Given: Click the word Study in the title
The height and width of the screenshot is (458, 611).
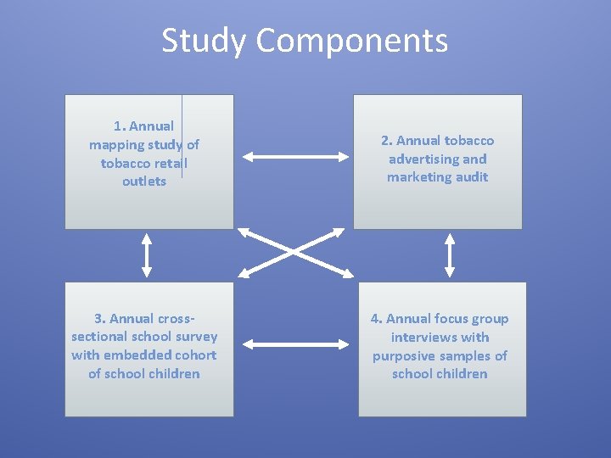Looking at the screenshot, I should coord(204,40).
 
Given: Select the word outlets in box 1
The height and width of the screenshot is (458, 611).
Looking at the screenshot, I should coord(144,182).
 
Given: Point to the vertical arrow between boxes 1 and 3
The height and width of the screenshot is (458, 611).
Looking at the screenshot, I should coord(147,254).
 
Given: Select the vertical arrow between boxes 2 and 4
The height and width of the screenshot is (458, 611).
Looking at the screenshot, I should coord(450,254).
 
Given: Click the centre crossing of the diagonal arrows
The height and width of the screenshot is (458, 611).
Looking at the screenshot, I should coord(294,251).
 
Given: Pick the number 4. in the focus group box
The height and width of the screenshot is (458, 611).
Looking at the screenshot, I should coord(376,319).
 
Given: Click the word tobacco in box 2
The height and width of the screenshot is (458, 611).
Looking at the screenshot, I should coord(468,141).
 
